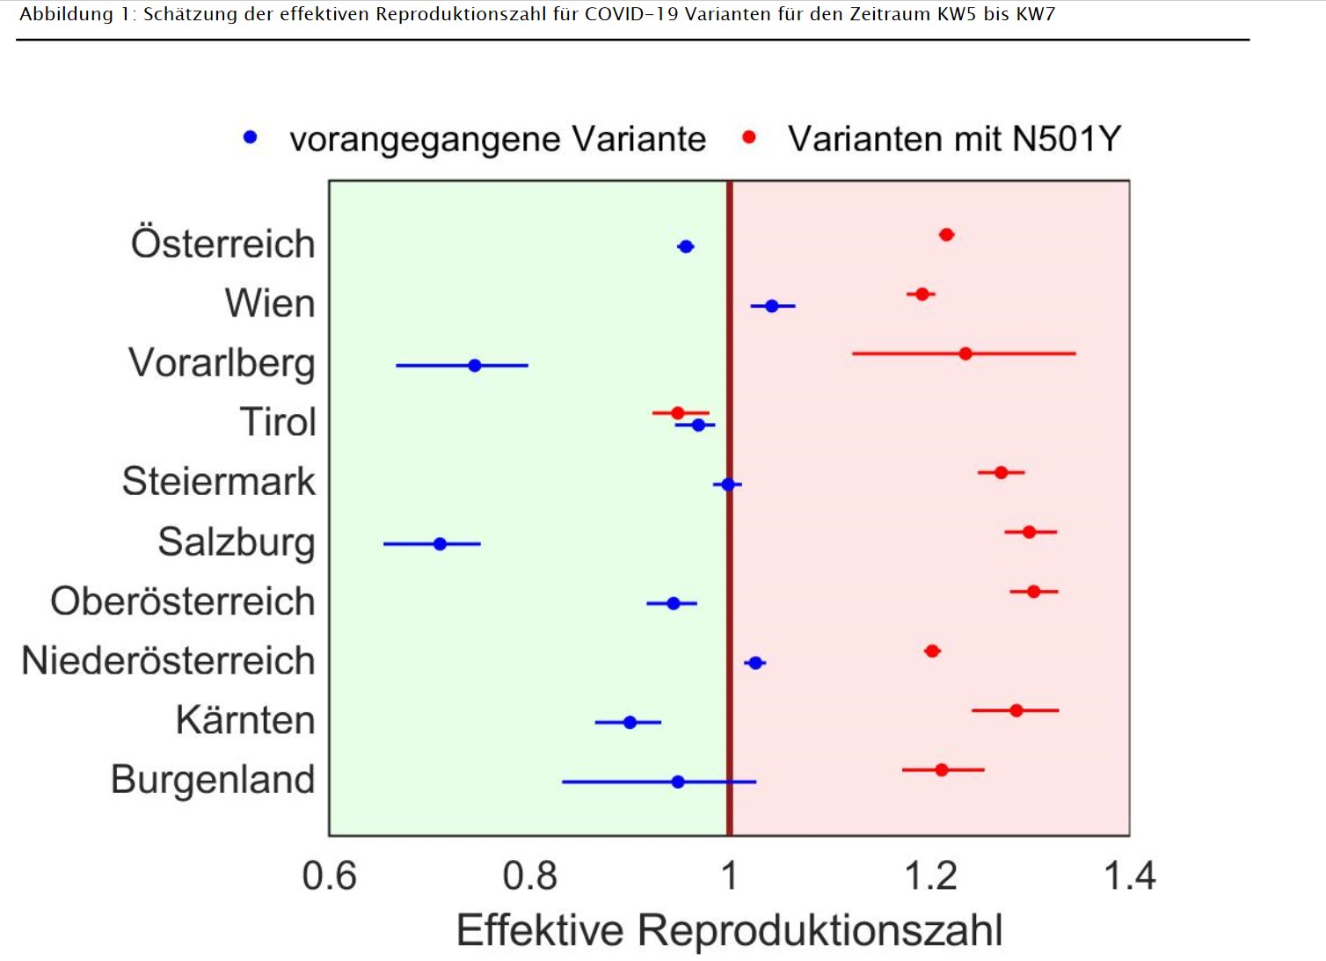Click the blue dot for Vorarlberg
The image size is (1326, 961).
click(x=475, y=365)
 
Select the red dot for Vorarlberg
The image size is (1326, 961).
click(x=965, y=353)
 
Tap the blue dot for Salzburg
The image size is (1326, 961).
click(x=440, y=544)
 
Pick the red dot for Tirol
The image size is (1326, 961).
click(x=677, y=412)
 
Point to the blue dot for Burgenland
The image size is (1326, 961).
click(x=678, y=782)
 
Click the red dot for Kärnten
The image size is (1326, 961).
click(x=1016, y=710)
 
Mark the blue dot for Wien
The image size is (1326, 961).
click(x=772, y=306)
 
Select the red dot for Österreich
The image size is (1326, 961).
click(x=946, y=235)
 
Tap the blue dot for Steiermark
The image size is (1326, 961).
click(x=727, y=484)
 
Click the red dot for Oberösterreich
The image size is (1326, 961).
click(x=1033, y=592)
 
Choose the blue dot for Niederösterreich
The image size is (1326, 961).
click(x=755, y=663)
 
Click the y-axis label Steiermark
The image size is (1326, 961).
click(x=218, y=482)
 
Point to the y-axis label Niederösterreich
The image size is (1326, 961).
click(x=168, y=661)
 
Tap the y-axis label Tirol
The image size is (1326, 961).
click(x=277, y=422)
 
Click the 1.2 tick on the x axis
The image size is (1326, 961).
click(x=930, y=876)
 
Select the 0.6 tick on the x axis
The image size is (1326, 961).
click(x=330, y=876)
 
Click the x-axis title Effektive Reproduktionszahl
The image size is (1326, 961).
click(x=729, y=930)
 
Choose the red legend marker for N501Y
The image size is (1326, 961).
click(x=749, y=137)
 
